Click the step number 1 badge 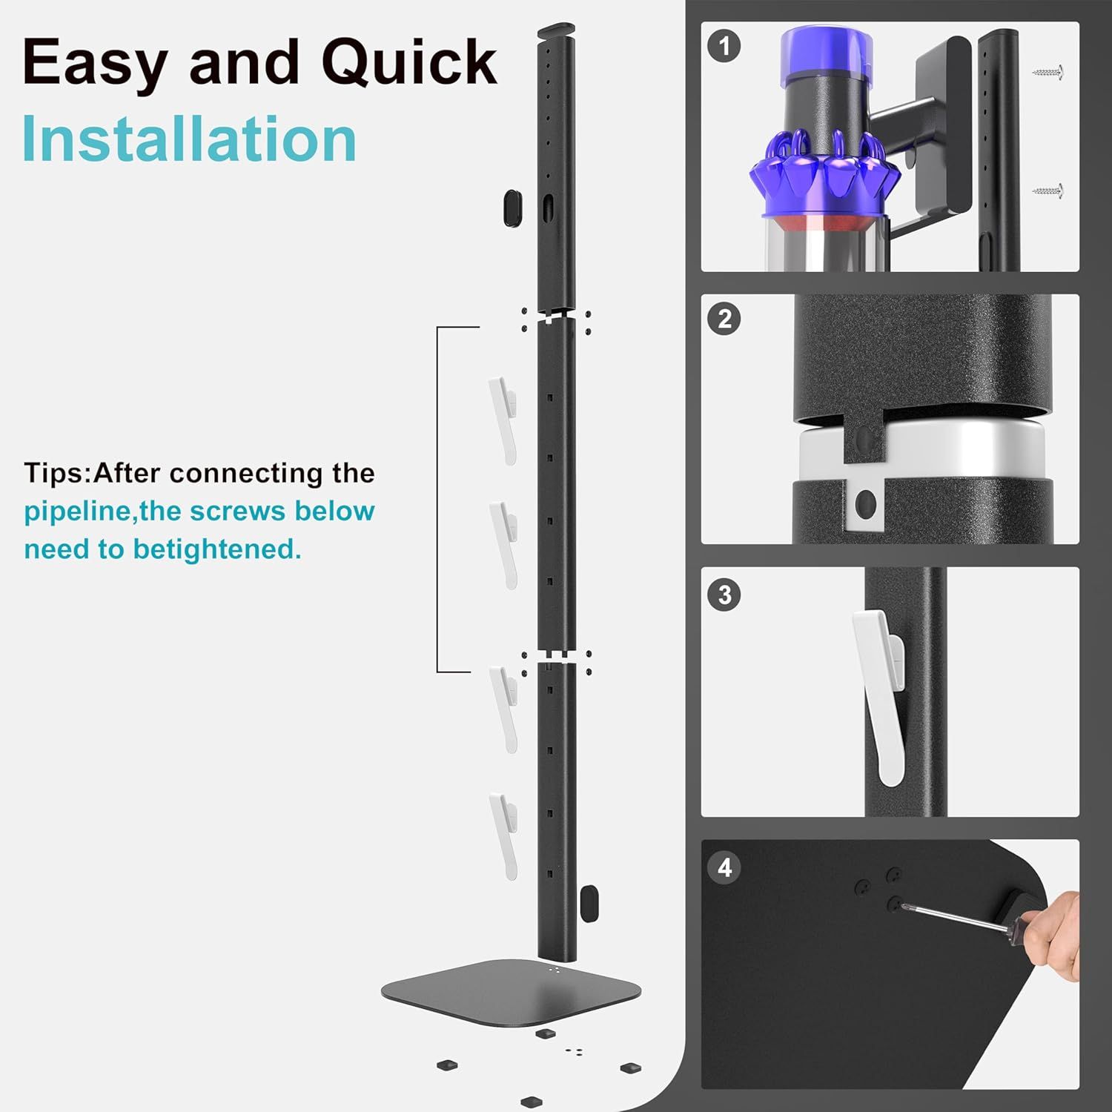[x=724, y=46]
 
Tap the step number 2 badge [x=724, y=319]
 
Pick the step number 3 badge [x=724, y=595]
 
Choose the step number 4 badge [x=724, y=867]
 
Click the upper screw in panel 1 [x=1049, y=73]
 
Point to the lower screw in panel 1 [x=1049, y=191]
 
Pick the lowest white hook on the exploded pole [x=503, y=835]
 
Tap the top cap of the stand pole [x=556, y=31]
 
